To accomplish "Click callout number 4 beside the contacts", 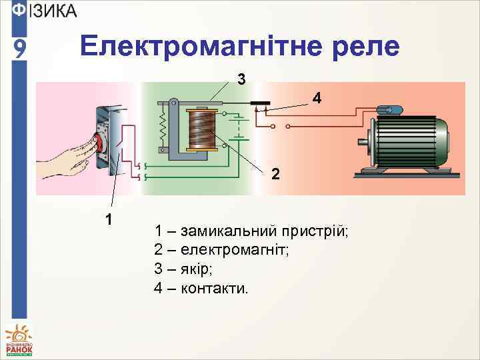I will point(317,99).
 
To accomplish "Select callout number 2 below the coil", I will point(276,175).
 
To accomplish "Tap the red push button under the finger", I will point(97,142).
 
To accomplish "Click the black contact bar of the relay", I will point(260,103).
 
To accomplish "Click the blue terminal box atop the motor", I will point(388,110).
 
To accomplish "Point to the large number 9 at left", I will point(21,49).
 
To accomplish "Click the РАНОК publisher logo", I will point(19,340).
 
